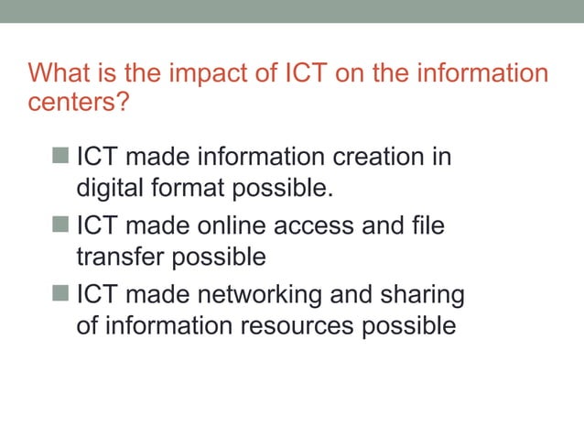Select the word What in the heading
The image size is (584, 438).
point(58,72)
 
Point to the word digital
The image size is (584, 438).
point(105,190)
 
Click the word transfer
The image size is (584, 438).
point(116,257)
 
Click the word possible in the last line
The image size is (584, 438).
point(409,327)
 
